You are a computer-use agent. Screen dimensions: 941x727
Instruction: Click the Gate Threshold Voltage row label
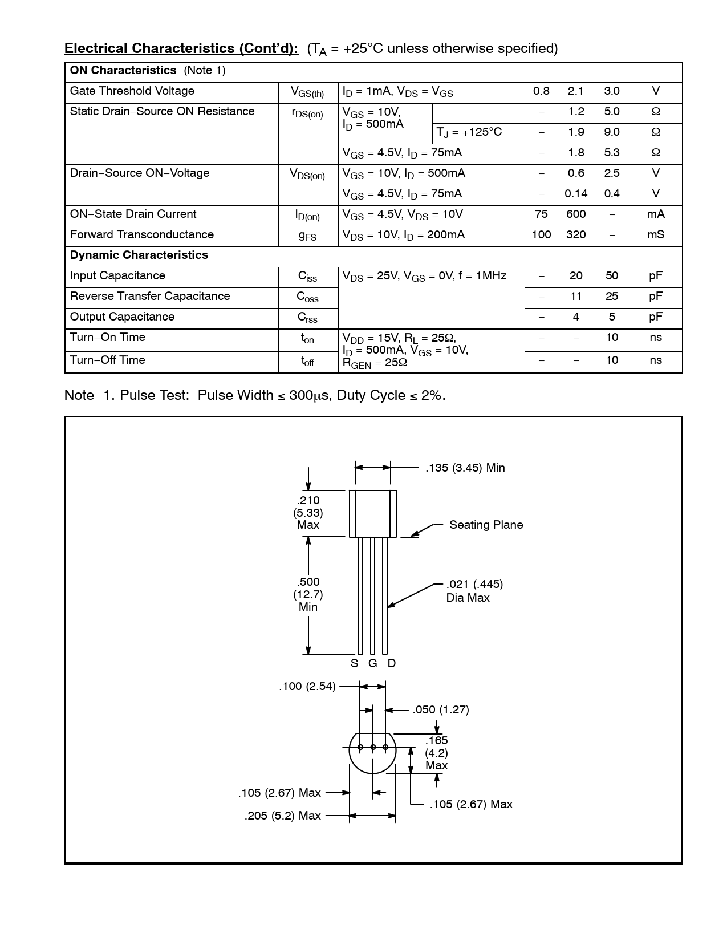tap(132, 91)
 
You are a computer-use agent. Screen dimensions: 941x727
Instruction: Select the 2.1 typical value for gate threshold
tap(576, 91)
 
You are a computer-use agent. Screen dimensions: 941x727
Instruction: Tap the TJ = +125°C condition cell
tap(469, 132)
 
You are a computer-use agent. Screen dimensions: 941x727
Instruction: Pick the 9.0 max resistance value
tap(612, 132)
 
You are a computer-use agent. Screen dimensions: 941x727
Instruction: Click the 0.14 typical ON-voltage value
tap(576, 194)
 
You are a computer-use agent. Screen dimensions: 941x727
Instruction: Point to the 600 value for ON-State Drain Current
tap(576, 214)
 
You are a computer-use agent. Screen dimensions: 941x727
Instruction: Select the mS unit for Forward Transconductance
tap(656, 235)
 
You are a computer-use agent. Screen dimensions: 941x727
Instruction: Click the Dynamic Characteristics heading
tap(139, 255)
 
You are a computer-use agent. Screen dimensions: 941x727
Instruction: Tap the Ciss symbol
tap(307, 277)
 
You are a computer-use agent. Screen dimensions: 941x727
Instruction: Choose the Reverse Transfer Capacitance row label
tap(150, 297)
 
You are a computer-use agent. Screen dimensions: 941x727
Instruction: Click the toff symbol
tap(307, 361)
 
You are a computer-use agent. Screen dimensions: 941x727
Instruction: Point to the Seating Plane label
tap(486, 525)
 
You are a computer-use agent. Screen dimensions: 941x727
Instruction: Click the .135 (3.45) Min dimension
tap(465, 468)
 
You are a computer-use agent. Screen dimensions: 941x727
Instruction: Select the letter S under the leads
tap(354, 663)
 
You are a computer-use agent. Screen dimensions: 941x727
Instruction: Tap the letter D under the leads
tap(392, 663)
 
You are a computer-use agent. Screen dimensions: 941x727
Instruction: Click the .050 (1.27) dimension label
tap(441, 710)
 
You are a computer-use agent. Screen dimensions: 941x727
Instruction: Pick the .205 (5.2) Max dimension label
tap(283, 816)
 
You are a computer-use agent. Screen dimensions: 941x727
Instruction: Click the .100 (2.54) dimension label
tap(307, 687)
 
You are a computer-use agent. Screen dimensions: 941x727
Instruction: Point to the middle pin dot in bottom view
tap(373, 747)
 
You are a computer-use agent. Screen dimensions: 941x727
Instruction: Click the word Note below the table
tap(79, 395)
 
